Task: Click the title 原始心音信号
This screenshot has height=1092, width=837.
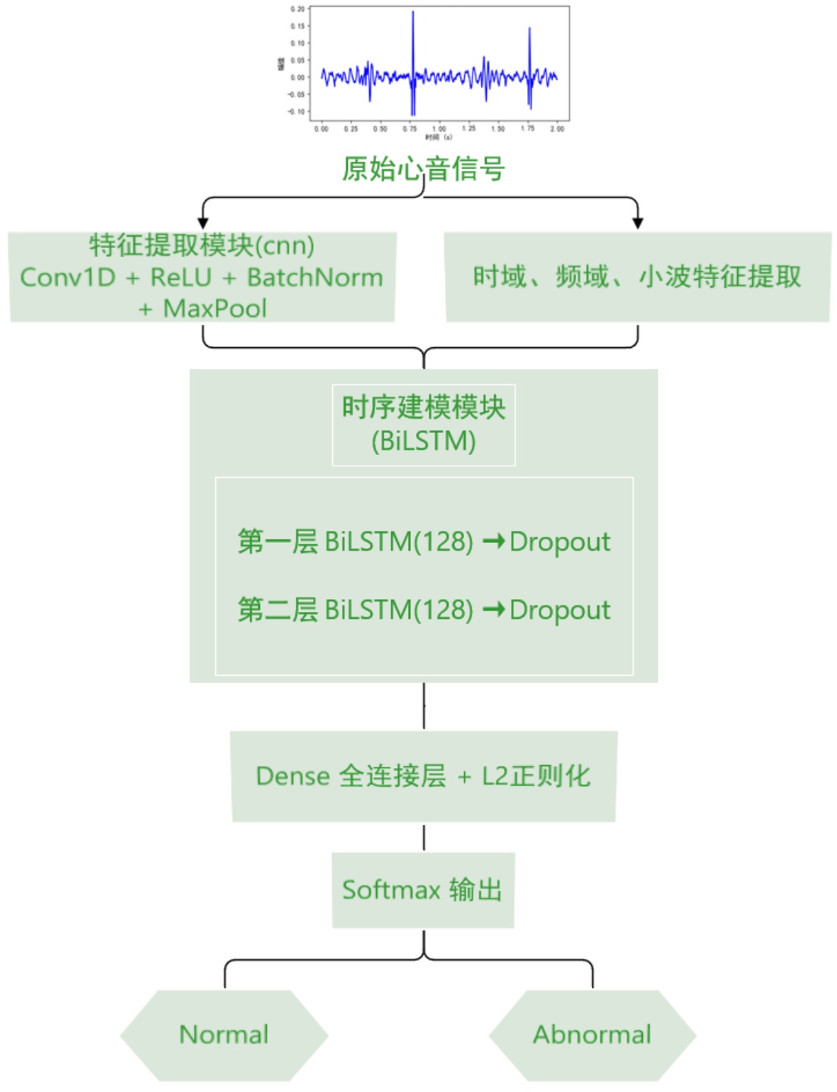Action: [x=423, y=168]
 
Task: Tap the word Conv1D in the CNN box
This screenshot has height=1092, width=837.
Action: [x=67, y=278]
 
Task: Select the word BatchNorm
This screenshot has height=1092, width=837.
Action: [x=315, y=278]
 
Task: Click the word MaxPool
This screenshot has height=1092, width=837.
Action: [x=215, y=309]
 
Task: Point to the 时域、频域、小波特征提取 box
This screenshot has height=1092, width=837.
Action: [x=637, y=277]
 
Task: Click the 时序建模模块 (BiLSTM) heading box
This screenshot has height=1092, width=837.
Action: [x=423, y=425]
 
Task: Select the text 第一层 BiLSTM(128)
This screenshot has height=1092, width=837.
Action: [x=355, y=541]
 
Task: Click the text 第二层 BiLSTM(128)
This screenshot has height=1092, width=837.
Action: [x=355, y=610]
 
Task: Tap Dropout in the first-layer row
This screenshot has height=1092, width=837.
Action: [x=560, y=541]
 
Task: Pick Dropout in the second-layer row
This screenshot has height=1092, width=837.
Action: [x=560, y=610]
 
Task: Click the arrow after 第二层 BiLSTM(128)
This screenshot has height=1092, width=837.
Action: [x=494, y=609]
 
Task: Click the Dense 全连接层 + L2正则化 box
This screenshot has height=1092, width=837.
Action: [x=423, y=776]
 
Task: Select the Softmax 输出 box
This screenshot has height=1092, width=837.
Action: [x=423, y=890]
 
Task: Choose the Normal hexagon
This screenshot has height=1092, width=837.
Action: [x=224, y=1034]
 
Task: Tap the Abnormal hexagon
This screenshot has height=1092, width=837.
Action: [x=592, y=1034]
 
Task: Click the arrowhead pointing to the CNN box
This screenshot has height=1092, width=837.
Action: [x=202, y=222]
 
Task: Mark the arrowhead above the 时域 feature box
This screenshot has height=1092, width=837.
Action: [x=638, y=222]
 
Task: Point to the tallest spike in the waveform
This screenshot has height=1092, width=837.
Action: [x=413, y=14]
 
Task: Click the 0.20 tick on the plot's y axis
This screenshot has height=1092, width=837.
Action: [x=297, y=9]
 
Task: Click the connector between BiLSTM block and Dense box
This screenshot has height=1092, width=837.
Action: [x=424, y=706]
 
